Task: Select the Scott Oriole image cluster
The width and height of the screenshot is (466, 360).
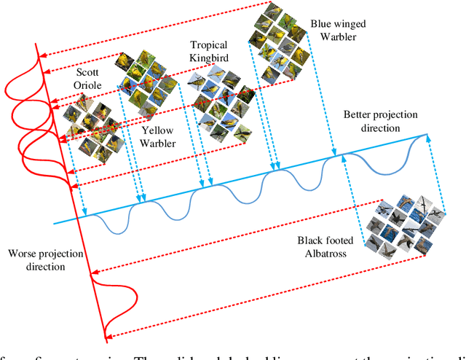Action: (x=91, y=129)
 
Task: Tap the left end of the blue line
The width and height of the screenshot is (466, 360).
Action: (x=55, y=222)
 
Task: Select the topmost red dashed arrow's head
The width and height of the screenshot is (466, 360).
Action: (x=42, y=52)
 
